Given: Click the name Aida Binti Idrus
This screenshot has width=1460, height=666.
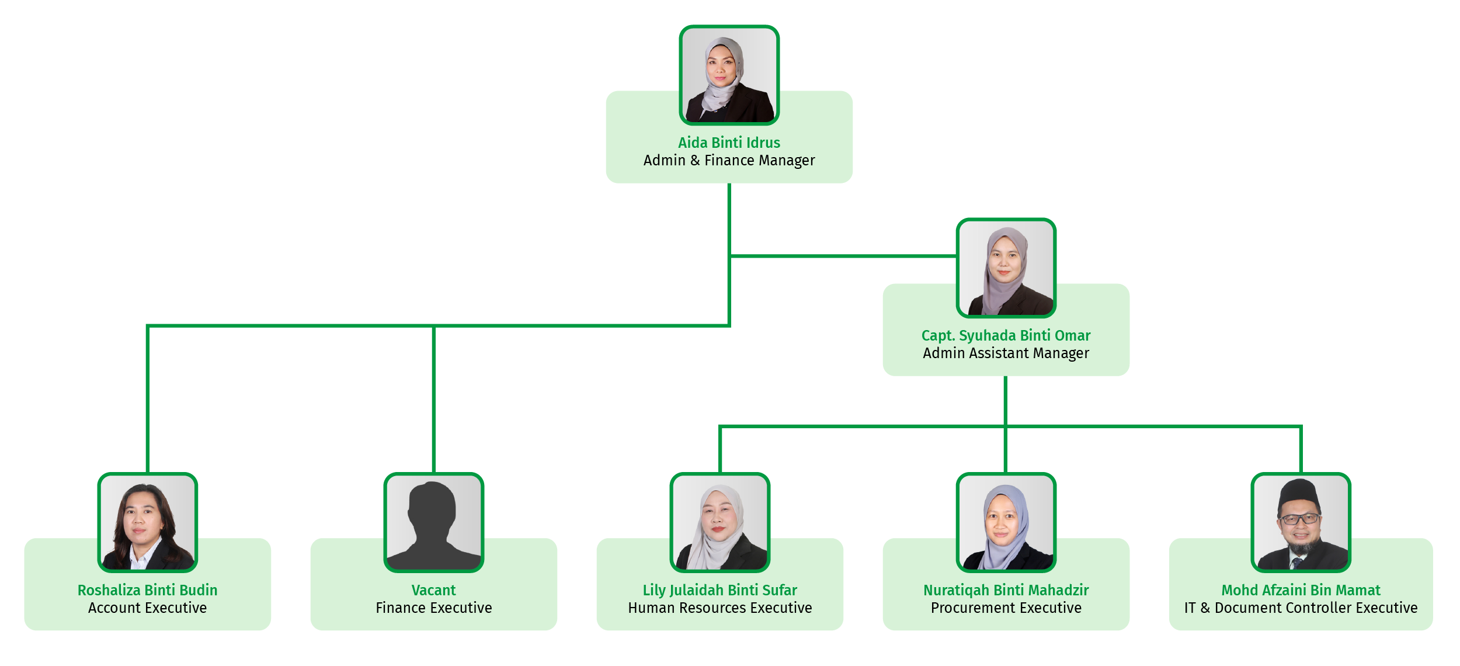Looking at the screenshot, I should (729, 143).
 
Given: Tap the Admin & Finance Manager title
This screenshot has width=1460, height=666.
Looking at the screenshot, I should (729, 160).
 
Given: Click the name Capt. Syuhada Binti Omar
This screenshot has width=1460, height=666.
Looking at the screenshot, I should (1006, 335).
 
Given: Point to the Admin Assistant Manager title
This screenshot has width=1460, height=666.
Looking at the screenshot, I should (1006, 353).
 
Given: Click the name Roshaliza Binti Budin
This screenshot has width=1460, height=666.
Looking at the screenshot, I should (147, 590).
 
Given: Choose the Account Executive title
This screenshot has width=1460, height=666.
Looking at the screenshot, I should (147, 608).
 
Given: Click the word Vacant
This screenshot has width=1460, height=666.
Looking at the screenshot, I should (433, 590).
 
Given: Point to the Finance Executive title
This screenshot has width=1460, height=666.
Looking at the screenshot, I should (433, 608).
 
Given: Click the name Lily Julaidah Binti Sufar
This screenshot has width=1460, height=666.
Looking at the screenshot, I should (719, 590).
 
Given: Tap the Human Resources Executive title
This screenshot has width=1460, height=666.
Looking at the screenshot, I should (719, 608).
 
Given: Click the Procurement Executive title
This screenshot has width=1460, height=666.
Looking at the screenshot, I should (1006, 608).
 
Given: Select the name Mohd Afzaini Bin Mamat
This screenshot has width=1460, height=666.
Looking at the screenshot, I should (1301, 590).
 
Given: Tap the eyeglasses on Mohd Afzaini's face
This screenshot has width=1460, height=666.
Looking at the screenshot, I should (1300, 519).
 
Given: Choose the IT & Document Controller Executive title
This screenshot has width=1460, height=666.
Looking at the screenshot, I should (1301, 608).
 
